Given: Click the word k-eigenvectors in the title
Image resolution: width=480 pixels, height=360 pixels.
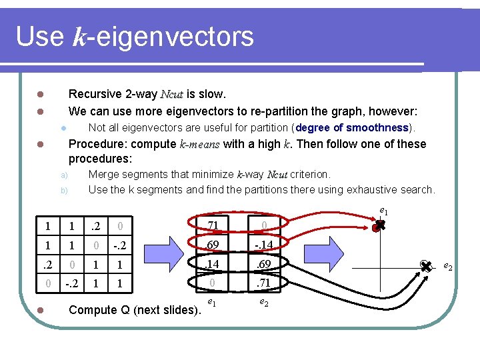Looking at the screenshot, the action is pyautogui.click(x=163, y=36).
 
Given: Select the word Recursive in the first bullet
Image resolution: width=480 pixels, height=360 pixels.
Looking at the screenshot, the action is pyautogui.click(x=95, y=94).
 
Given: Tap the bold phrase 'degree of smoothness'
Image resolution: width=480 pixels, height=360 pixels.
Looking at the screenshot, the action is pyautogui.click(x=351, y=127).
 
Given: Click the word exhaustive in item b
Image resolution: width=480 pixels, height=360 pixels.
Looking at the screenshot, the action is pyautogui.click(x=367, y=189).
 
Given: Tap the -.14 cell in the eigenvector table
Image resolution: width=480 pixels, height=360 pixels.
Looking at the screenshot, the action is pyautogui.click(x=264, y=245).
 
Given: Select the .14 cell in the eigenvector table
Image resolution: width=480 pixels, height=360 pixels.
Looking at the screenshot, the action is pyautogui.click(x=212, y=264).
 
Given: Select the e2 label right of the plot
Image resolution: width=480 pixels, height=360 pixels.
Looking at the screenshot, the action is pyautogui.click(x=448, y=267).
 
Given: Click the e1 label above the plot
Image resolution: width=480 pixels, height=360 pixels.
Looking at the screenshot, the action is pyautogui.click(x=383, y=211).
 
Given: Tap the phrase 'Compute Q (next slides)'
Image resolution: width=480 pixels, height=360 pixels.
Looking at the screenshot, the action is pyautogui.click(x=134, y=310).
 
